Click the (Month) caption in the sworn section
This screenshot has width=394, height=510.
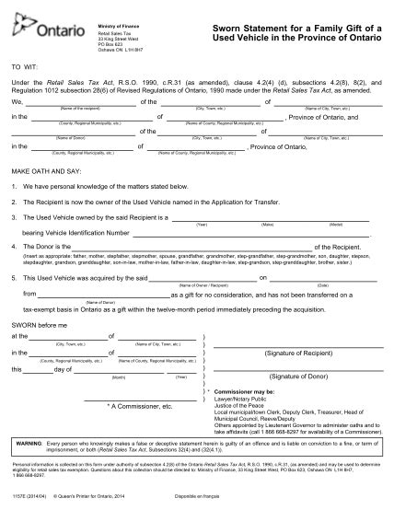pyautogui.click(x=118, y=377)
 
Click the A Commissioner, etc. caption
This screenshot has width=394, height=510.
pyautogui.click(x=138, y=405)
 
